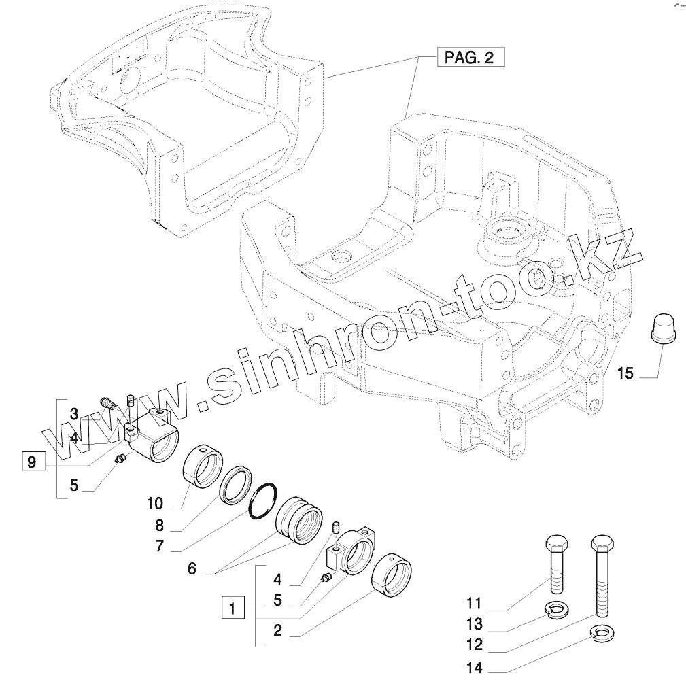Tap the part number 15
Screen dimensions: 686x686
[x=625, y=373]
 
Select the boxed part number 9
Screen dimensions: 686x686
[x=31, y=462]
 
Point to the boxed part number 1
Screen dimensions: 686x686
[x=233, y=606]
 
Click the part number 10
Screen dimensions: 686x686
[x=154, y=503]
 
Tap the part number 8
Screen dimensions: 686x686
[x=159, y=525]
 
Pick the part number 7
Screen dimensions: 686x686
[x=159, y=546]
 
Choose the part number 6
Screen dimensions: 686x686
[x=192, y=569]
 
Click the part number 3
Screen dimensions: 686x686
[x=74, y=413]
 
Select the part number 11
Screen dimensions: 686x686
[x=474, y=603]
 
